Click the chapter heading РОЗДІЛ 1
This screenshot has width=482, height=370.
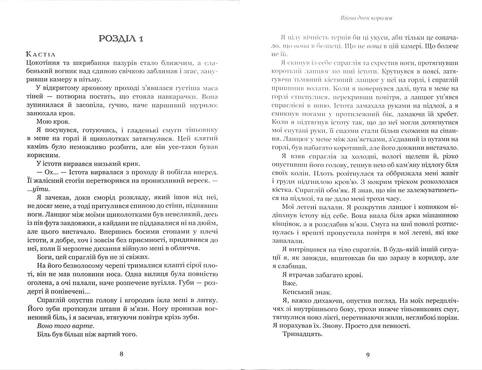click(121, 39)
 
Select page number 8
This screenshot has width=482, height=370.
click(121, 354)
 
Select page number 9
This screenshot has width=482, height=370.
click(368, 355)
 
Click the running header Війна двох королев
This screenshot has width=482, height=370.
click(366, 18)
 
